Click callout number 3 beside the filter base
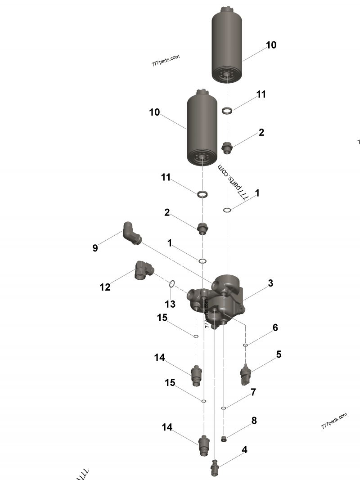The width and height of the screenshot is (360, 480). pyautogui.click(x=270, y=283)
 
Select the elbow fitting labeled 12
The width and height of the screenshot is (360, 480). pyautogui.click(x=144, y=271)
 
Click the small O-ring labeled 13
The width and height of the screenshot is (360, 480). pyautogui.click(x=172, y=284)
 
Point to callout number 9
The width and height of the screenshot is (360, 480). pyautogui.click(x=95, y=248)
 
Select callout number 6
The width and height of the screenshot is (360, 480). pyautogui.click(x=275, y=327)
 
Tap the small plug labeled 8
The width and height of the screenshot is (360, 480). pyautogui.click(x=224, y=438)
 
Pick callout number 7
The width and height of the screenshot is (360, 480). pyautogui.click(x=253, y=392)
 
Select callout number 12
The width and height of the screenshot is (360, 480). pyautogui.click(x=105, y=287)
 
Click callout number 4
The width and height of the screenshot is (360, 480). pyautogui.click(x=244, y=449)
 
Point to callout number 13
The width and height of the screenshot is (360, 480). pyautogui.click(x=170, y=304)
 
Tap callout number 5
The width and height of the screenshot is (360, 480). pyautogui.click(x=279, y=354)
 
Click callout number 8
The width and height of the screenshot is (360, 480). pyautogui.click(x=254, y=421)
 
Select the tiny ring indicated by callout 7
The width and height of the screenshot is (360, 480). pyautogui.click(x=224, y=408)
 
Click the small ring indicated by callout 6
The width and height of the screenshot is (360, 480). pyautogui.click(x=246, y=345)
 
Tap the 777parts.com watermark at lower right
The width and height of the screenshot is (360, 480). pyautogui.click(x=334, y=421)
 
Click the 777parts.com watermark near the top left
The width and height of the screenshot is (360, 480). pyautogui.click(x=166, y=60)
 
